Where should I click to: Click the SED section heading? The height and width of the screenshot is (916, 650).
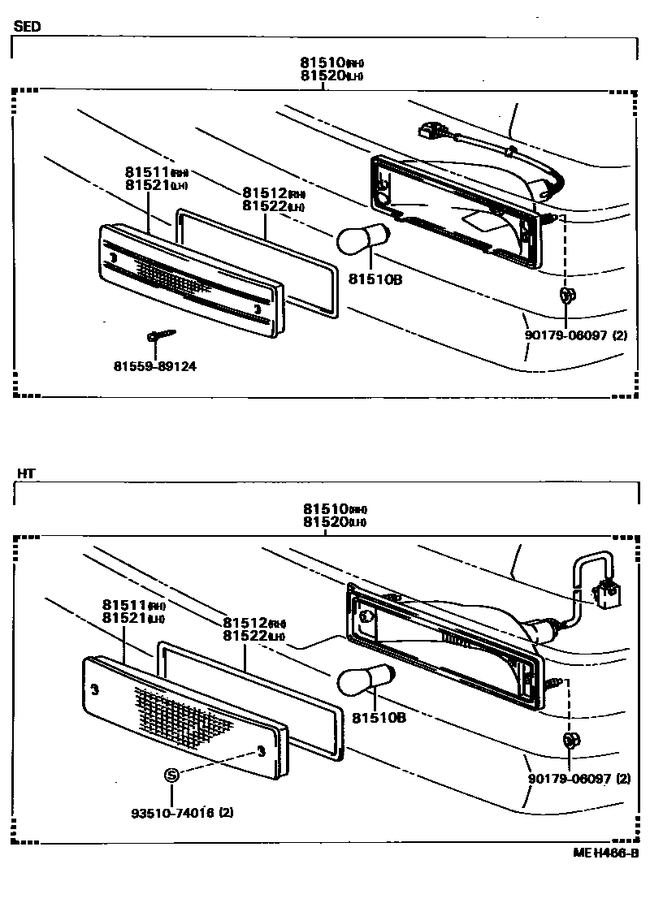tap(27, 26)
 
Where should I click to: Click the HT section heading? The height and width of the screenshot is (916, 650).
tap(25, 473)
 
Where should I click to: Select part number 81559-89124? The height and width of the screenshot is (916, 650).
tap(154, 366)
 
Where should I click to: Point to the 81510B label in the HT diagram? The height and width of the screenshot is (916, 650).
tap(379, 719)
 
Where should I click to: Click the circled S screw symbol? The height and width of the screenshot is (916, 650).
tap(171, 776)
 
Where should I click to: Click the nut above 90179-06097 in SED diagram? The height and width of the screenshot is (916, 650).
tap(566, 297)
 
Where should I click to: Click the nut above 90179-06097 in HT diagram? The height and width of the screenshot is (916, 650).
tap(569, 739)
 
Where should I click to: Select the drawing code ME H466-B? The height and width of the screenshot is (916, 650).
tap(605, 853)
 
